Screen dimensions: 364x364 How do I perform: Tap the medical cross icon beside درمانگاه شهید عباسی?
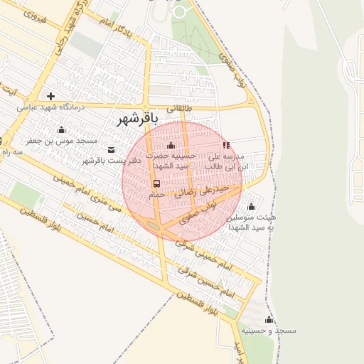(x=50, y=96)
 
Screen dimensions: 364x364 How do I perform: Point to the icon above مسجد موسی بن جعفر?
(x=61, y=129)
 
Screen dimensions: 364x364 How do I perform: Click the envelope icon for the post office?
(x=112, y=149)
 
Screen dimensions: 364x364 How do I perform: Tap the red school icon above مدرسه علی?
(x=227, y=145)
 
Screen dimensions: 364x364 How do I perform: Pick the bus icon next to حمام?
(x=156, y=183)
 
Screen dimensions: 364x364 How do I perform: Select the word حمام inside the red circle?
(x=156, y=194)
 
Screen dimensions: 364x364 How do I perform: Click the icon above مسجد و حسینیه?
(x=269, y=320)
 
